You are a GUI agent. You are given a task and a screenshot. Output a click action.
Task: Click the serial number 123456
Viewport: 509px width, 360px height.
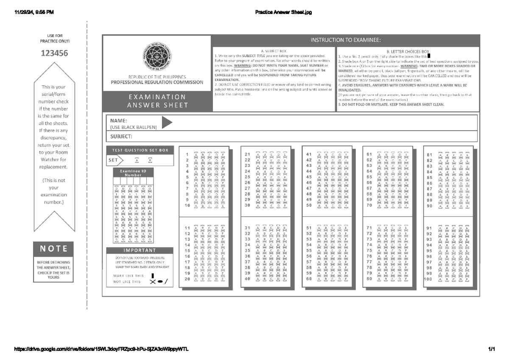[x=54, y=53]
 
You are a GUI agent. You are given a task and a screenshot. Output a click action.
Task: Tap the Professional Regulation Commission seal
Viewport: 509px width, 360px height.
[x=157, y=57]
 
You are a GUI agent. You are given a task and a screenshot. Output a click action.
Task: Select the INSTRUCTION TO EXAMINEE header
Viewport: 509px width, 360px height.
[x=346, y=40]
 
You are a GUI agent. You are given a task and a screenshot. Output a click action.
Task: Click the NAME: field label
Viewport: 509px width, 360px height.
[x=119, y=120]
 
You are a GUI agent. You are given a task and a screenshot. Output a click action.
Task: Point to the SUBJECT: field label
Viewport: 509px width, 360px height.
[x=122, y=137]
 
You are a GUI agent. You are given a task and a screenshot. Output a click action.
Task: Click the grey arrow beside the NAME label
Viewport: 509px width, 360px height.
[x=167, y=123]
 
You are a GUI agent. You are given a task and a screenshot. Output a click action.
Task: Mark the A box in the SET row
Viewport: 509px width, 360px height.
[x=137, y=160]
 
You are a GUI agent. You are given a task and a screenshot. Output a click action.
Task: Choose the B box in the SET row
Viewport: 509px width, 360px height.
[x=150, y=160]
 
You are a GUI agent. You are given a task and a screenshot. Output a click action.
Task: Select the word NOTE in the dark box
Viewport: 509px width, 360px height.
[x=54, y=248]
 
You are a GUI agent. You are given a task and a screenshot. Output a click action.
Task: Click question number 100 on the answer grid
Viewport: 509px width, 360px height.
[x=428, y=279]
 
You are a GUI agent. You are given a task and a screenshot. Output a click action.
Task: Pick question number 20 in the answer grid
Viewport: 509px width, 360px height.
[x=187, y=279]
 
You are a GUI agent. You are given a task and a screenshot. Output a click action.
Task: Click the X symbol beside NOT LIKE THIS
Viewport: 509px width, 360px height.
[x=153, y=282]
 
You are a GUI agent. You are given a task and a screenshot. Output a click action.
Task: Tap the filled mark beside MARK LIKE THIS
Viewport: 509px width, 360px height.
[x=153, y=276]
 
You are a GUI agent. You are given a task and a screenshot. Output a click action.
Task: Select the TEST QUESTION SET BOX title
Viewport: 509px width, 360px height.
[x=140, y=150]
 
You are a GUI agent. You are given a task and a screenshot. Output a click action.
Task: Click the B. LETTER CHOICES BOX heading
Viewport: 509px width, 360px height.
[x=408, y=51]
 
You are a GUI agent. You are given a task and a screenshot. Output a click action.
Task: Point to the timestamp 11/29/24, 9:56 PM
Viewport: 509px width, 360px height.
[x=34, y=12]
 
